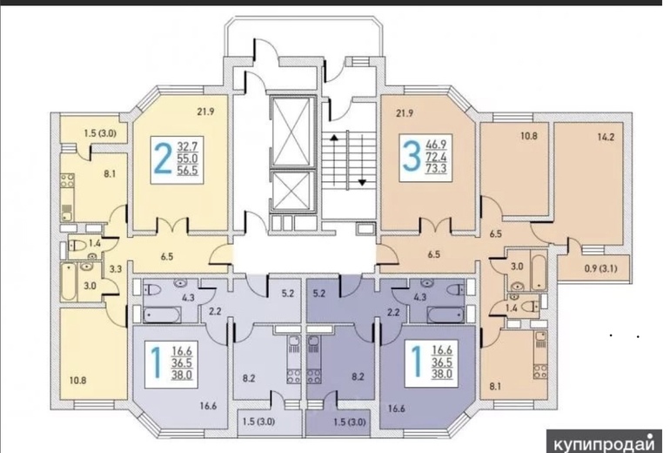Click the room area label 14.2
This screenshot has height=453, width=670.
[606, 138]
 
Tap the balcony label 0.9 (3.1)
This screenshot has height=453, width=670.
[600, 268]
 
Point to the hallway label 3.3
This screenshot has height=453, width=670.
[116, 269]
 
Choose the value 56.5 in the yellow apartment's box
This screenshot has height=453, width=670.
[187, 170]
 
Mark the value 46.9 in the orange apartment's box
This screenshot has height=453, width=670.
[436, 144]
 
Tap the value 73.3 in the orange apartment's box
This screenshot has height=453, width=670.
[436, 168]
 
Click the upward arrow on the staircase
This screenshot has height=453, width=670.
[334, 160]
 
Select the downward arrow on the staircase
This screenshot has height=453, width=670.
[362, 159]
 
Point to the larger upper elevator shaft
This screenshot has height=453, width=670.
[291, 132]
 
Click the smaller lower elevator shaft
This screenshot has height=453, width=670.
[291, 191]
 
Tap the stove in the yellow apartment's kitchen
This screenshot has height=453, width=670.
[67, 180]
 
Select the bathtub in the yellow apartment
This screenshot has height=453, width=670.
[68, 281]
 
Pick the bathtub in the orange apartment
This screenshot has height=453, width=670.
[538, 272]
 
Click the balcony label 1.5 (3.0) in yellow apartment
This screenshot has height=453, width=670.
[99, 133]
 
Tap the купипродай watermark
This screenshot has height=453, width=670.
[605, 443]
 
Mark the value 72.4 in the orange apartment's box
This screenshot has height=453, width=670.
[436, 156]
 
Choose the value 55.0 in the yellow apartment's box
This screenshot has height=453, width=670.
[187, 159]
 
